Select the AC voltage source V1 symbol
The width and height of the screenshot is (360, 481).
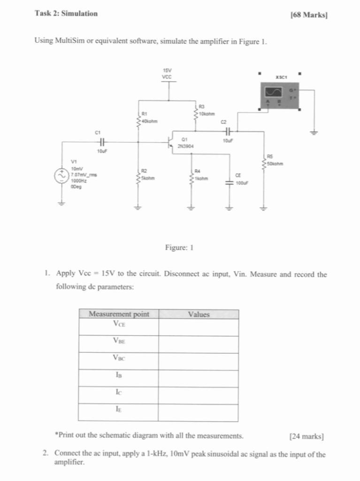coord(61,176)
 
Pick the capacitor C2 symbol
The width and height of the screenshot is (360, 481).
coord(228,131)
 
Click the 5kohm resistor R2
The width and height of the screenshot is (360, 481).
coord(138,178)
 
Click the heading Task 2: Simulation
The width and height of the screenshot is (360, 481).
coord(66,14)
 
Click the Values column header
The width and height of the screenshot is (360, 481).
coord(198,314)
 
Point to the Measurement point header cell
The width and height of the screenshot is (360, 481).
coord(119,314)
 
